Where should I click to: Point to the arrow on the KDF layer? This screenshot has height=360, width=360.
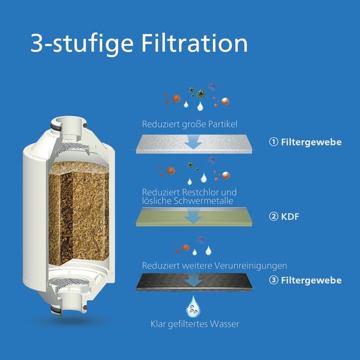tap(193, 215)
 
